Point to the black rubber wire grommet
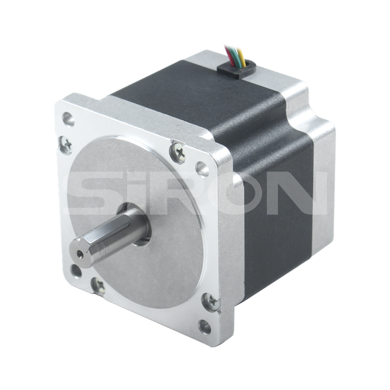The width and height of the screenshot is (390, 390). pos(237,70)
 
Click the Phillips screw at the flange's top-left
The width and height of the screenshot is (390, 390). pos(67,144)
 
